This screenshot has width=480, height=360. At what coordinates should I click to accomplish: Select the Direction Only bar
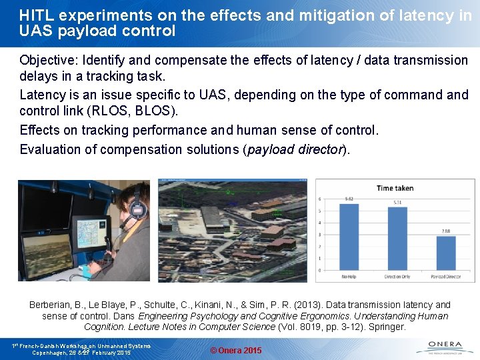(x=397, y=239)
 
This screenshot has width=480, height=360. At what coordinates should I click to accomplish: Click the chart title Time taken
(x=395, y=188)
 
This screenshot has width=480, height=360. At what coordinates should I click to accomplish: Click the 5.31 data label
(x=397, y=202)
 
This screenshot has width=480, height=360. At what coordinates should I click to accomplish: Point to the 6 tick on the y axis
(x=321, y=199)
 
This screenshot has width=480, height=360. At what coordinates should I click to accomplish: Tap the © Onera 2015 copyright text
(x=236, y=351)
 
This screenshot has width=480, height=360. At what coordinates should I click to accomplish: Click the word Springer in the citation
(x=387, y=327)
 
